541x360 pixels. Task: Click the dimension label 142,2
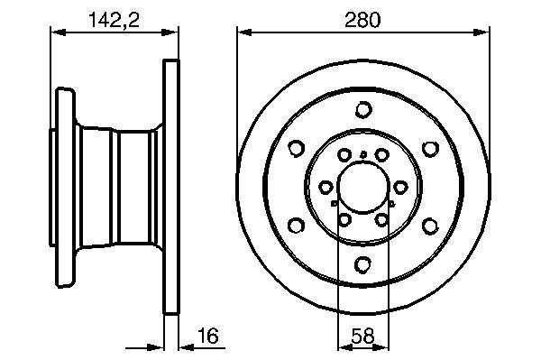(115, 20)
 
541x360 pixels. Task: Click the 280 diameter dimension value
(362, 20)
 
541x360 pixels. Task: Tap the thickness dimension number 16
(208, 336)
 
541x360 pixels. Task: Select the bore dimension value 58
(362, 336)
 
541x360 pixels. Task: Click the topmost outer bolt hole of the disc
(363, 110)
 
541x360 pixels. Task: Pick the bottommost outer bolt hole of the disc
(363, 264)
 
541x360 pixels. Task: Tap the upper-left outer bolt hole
(296, 149)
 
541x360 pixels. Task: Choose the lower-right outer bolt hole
(430, 226)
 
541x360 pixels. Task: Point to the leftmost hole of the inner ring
(325, 188)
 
